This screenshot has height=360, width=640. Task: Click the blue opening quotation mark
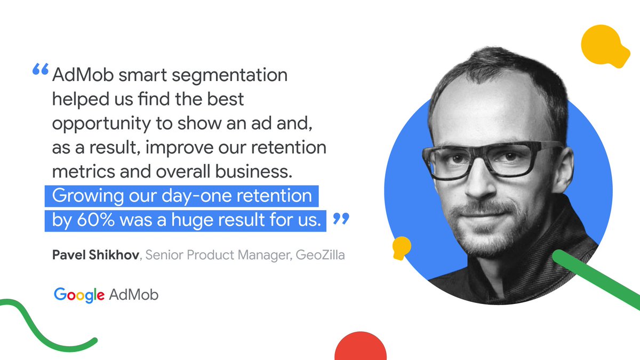41,69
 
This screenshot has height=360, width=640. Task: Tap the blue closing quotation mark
341,219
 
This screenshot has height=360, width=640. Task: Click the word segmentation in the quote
230,76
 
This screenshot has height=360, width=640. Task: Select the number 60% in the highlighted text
95,220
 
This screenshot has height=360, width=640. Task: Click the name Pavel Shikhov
95,255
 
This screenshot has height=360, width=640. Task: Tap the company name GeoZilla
321,255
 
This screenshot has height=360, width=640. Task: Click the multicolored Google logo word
79,295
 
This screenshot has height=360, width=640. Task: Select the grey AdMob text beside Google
133,295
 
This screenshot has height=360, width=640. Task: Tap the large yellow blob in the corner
605,46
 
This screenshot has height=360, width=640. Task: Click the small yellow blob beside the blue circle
402,247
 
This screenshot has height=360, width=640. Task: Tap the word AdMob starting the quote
83,75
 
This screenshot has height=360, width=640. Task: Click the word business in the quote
254,171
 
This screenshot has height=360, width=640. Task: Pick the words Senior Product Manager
219,255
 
